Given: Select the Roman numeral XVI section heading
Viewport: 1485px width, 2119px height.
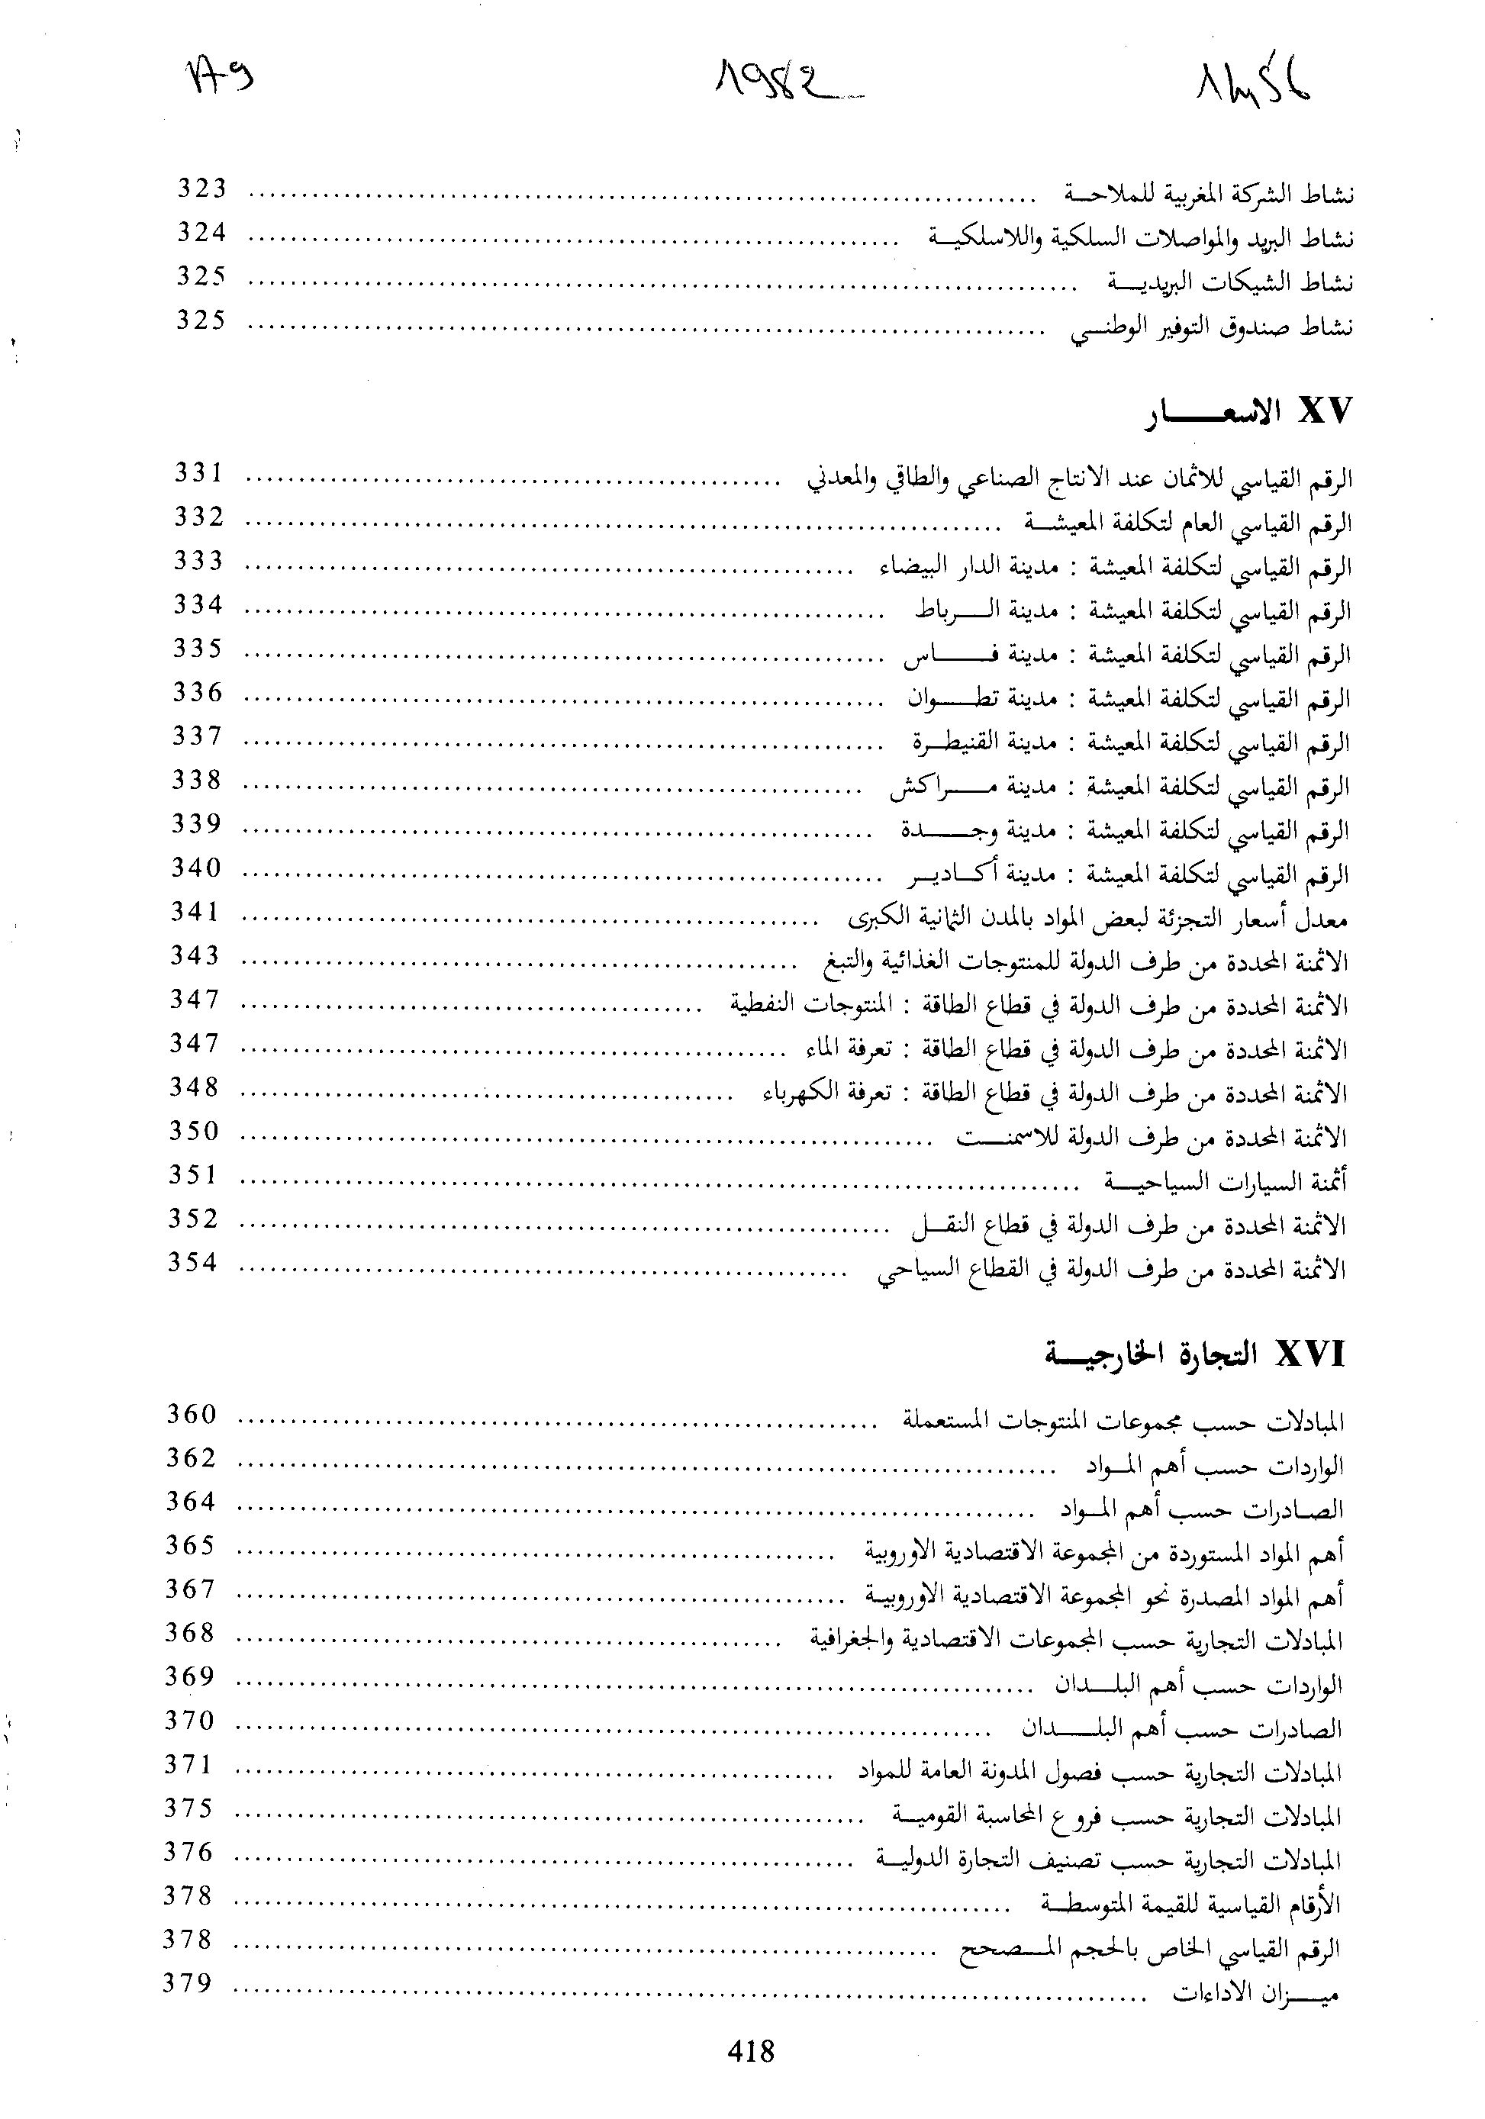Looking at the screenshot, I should tap(1309, 1355).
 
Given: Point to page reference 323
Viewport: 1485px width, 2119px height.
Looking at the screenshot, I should tap(201, 188).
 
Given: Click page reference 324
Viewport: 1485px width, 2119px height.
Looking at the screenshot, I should tap(201, 233).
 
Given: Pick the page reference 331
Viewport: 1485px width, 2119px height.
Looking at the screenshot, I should tap(198, 472).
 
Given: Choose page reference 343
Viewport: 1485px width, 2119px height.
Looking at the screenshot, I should tap(195, 955).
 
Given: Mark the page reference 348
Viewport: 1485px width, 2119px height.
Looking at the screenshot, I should tap(194, 1087).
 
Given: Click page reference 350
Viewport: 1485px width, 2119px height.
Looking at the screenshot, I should tap(194, 1131).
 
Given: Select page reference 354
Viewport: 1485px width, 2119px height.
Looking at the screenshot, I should tap(192, 1263).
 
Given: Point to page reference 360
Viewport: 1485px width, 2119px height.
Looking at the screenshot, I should tap(191, 1414).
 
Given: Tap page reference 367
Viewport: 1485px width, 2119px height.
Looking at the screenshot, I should tap(190, 1589).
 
